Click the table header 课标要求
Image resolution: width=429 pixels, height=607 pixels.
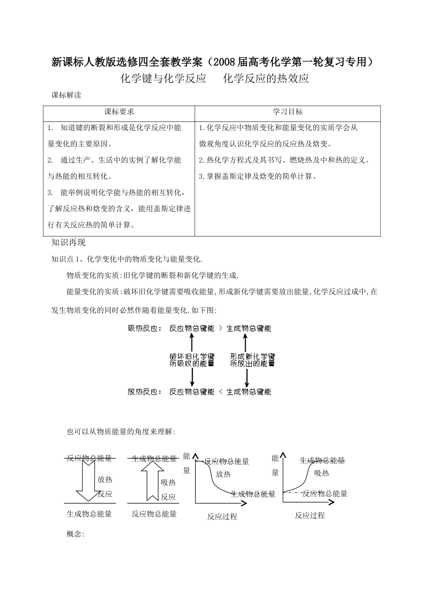coord(119,112)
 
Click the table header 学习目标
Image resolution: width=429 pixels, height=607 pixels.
coord(288,112)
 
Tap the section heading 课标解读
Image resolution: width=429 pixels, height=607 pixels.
coord(66,95)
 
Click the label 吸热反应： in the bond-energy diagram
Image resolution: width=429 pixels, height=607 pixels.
coord(145,329)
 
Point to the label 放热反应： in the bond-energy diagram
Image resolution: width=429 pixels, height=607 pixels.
coord(145,392)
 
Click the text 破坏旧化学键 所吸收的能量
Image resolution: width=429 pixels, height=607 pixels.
coord(192,360)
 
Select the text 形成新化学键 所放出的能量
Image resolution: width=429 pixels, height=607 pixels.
coord(252,360)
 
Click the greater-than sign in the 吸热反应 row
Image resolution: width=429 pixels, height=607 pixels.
coord(220,329)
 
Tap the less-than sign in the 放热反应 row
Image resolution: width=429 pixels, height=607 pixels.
coord(220,392)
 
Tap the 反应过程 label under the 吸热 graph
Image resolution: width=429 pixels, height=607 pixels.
coord(310,515)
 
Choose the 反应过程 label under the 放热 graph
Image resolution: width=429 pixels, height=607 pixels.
coord(222,517)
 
